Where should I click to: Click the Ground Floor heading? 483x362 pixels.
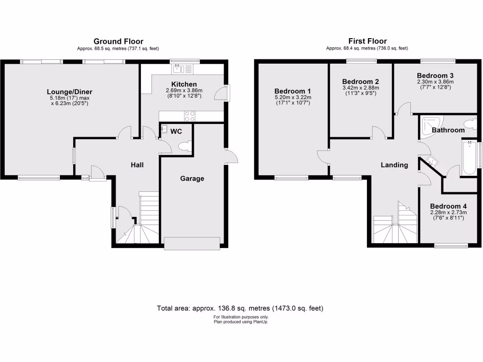tap(118, 41)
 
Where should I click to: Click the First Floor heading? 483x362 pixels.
tap(367, 41)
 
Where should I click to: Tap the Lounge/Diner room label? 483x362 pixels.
tap(69, 91)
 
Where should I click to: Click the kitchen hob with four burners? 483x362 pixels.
tap(190, 116)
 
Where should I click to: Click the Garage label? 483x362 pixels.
tap(192, 179)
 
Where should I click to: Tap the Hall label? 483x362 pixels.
tap(137, 165)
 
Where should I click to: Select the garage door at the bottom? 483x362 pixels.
tap(192, 243)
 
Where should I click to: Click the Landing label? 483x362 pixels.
tap(394, 165)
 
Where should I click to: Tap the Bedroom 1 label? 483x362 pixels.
tap(292, 91)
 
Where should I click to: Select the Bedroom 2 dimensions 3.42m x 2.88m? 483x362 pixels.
tap(361, 88)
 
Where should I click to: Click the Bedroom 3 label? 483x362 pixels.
tap(435, 75)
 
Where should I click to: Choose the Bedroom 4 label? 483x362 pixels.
tap(449, 206)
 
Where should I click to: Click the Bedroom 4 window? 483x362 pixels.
tap(451, 245)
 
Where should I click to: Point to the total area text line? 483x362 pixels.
tap(240, 308)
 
